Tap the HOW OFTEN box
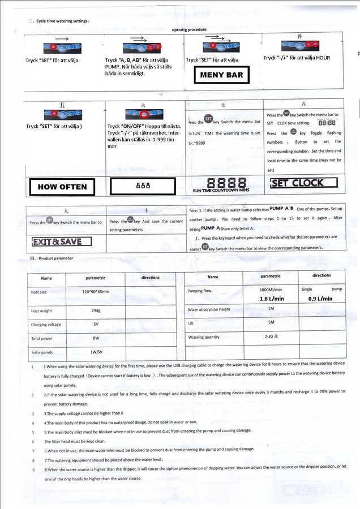[x=62, y=186]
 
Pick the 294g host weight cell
[x=96, y=310]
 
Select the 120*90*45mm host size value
[x=96, y=292]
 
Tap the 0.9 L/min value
[x=320, y=299]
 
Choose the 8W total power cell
[x=96, y=338]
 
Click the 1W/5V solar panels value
[x=96, y=351]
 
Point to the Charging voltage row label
[x=46, y=325]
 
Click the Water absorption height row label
[x=209, y=309]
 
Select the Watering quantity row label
[x=203, y=337]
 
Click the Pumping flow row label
[x=199, y=291]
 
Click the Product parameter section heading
[x=52, y=258]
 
